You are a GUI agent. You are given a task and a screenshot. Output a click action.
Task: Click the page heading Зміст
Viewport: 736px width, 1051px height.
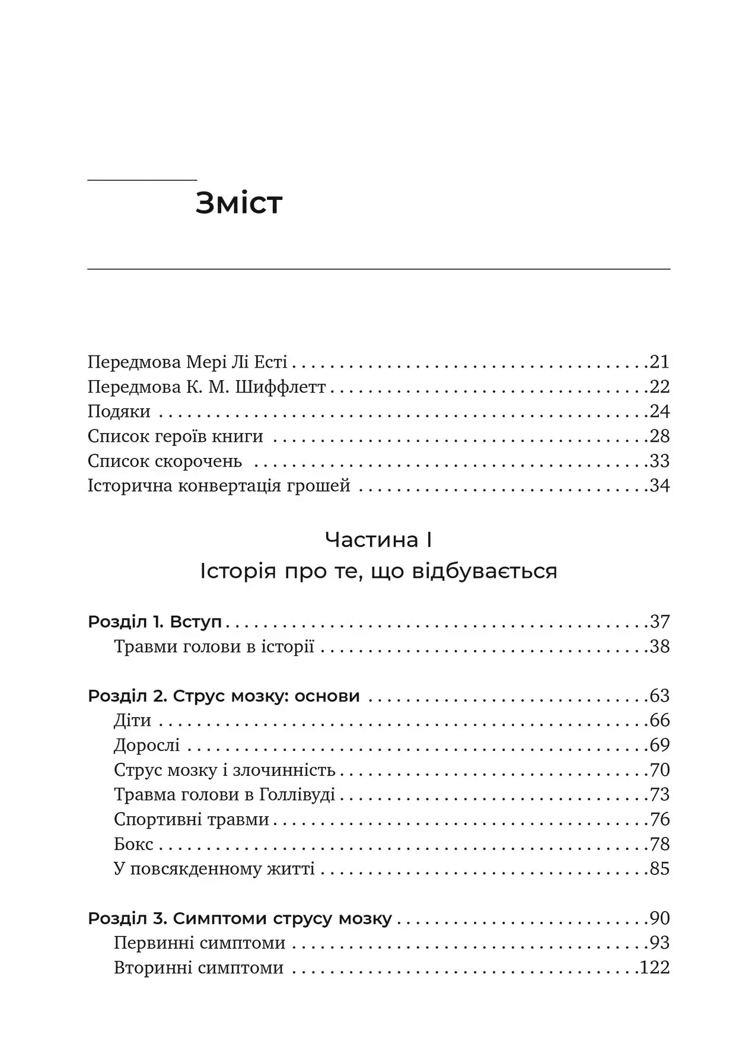pyautogui.click(x=238, y=203)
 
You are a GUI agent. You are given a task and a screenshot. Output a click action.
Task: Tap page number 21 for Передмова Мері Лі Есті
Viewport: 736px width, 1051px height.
pyautogui.click(x=659, y=362)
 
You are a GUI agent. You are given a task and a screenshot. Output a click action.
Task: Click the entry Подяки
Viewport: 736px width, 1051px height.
pyautogui.click(x=119, y=412)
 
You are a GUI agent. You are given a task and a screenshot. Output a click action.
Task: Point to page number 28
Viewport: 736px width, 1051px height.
pyautogui.click(x=659, y=437)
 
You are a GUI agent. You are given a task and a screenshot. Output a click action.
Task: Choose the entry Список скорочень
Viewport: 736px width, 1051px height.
pyautogui.click(x=165, y=461)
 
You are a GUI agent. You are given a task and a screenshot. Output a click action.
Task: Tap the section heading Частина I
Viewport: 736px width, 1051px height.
pyautogui.click(x=378, y=540)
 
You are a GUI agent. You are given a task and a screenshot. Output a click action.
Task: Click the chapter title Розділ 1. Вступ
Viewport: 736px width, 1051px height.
pyautogui.click(x=155, y=622)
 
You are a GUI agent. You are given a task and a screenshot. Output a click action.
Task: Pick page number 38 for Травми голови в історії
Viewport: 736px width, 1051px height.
pyautogui.click(x=659, y=646)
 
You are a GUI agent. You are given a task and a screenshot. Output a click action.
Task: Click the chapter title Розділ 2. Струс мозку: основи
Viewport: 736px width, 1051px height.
pyautogui.click(x=224, y=696)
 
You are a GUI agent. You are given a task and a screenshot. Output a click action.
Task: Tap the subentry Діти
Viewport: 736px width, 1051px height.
pyautogui.click(x=132, y=721)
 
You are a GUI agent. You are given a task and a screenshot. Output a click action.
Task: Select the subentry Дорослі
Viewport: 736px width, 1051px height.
pyautogui.click(x=146, y=746)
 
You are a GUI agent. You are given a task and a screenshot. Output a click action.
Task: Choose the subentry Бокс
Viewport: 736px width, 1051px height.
pyautogui.click(x=133, y=844)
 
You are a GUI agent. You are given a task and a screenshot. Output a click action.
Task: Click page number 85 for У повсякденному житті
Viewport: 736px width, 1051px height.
pyautogui.click(x=659, y=869)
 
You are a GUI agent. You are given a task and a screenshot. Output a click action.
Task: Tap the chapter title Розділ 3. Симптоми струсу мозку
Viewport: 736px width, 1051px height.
pyautogui.click(x=240, y=919)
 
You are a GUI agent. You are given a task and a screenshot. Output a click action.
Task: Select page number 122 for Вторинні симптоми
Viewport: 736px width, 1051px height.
pyautogui.click(x=655, y=968)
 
